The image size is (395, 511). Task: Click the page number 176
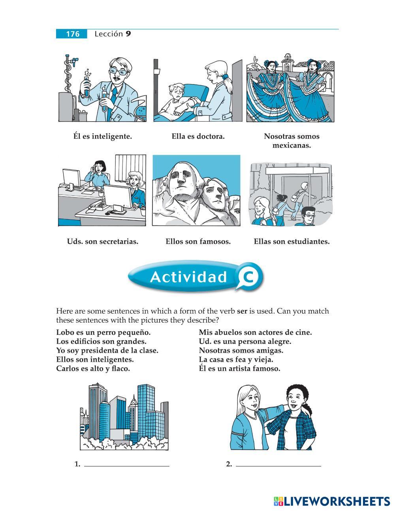pos(73,34)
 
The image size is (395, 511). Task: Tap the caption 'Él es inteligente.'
pos(103,136)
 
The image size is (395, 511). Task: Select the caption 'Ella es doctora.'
pos(198,136)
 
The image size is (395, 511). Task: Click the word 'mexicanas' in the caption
pos(292,146)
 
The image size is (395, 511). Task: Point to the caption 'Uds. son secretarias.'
pos(103,242)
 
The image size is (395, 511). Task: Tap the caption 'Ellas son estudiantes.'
pos(292,242)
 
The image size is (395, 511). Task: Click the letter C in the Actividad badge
pos(248,277)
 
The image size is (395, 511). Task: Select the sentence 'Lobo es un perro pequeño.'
pos(103,333)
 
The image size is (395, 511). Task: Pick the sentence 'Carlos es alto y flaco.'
pos(93,368)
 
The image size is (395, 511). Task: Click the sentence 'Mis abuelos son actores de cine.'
pos(255,333)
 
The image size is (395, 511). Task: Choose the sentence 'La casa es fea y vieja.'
pos(236,360)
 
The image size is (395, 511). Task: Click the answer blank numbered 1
pos(127,466)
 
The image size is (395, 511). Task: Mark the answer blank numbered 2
pos(278,466)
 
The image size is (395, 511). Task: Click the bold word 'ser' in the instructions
pos(242,311)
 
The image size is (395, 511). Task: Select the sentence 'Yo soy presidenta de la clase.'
pos(107,351)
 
